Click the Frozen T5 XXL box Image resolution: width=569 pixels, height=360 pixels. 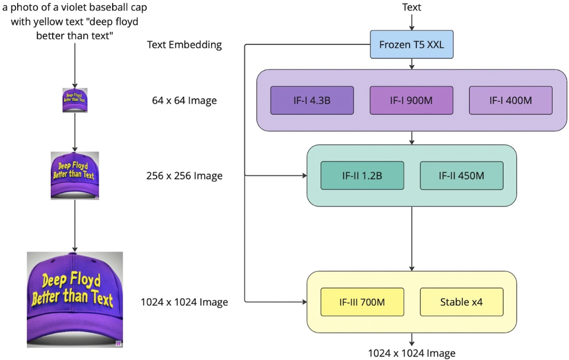point(411,45)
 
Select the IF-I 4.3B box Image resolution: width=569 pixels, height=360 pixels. point(312,100)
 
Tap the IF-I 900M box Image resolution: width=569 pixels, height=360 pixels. point(411,100)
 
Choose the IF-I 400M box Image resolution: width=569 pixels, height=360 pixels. point(510,100)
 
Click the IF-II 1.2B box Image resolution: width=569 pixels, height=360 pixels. point(362,175)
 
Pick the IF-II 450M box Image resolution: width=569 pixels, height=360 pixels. point(461,175)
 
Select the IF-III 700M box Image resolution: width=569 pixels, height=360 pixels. point(362,302)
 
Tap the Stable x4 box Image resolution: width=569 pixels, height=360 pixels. point(461,302)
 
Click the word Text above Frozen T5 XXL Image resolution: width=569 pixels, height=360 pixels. point(411,7)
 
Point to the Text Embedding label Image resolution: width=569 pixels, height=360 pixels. point(184,45)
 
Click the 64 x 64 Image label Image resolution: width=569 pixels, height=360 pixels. point(184,100)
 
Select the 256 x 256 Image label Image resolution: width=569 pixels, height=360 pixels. point(184,176)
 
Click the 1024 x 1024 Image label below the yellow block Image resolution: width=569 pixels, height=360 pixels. point(411,353)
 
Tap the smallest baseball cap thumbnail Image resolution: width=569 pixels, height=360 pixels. point(75,100)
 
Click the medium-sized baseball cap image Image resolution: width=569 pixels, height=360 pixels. point(75,175)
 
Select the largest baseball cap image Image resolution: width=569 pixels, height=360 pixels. point(75,299)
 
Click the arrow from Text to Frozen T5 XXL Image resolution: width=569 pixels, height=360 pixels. point(411,21)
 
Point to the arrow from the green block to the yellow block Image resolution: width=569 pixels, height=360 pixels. point(411,238)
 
